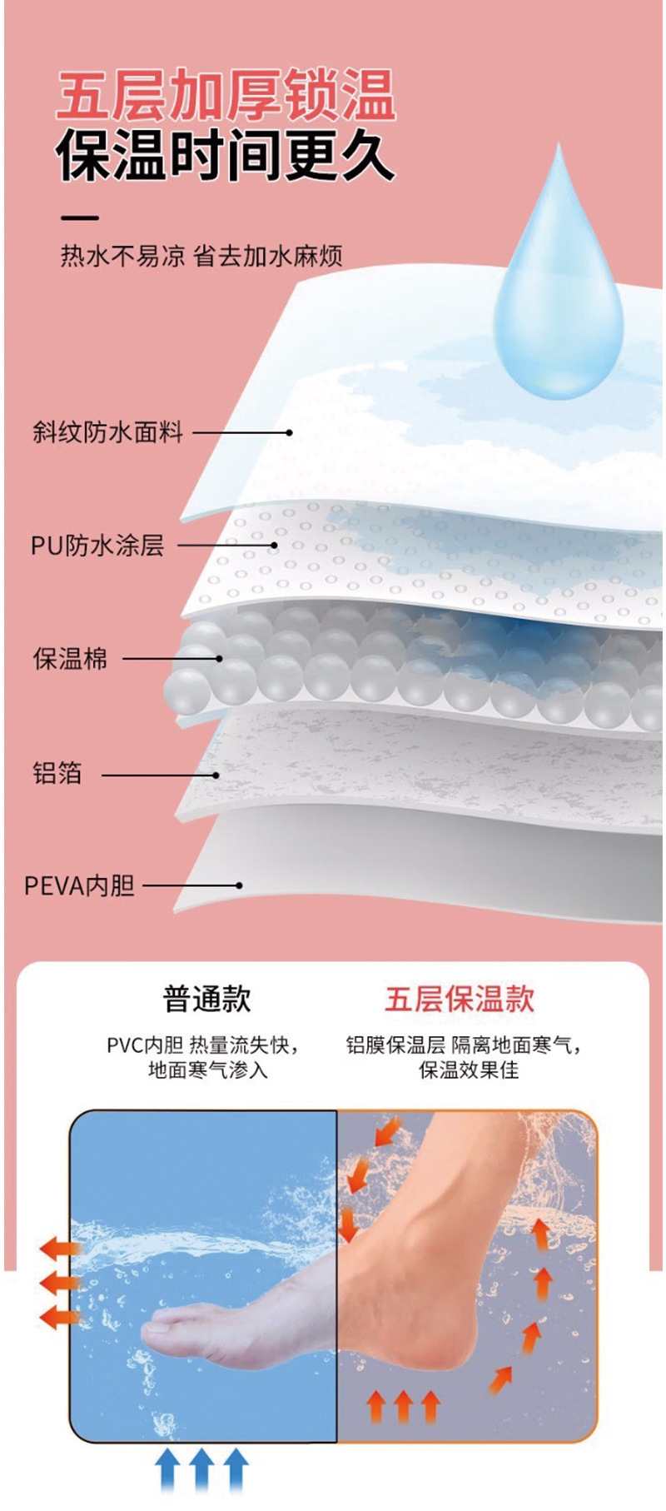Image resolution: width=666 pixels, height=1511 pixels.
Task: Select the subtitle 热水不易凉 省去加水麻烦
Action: click(201, 256)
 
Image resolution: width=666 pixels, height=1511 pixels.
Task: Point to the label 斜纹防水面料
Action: click(108, 431)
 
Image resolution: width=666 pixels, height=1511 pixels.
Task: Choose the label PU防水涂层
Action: click(97, 546)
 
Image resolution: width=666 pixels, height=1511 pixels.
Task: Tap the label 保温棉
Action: click(70, 659)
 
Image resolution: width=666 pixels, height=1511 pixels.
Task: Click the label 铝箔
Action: click(57, 773)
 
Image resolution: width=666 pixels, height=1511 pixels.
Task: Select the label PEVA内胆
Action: click(79, 885)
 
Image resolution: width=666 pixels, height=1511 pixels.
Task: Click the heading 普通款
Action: click(206, 999)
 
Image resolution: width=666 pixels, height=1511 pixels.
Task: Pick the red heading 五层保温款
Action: click(459, 999)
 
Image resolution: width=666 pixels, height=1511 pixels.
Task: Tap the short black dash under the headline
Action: click(80, 218)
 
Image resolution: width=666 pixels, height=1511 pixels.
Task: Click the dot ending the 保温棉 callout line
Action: click(220, 659)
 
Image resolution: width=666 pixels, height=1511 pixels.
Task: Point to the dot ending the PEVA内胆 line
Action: click(240, 885)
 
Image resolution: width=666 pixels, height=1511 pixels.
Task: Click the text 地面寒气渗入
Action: click(208, 1070)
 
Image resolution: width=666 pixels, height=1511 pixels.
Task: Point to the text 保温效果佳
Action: click(469, 1070)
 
